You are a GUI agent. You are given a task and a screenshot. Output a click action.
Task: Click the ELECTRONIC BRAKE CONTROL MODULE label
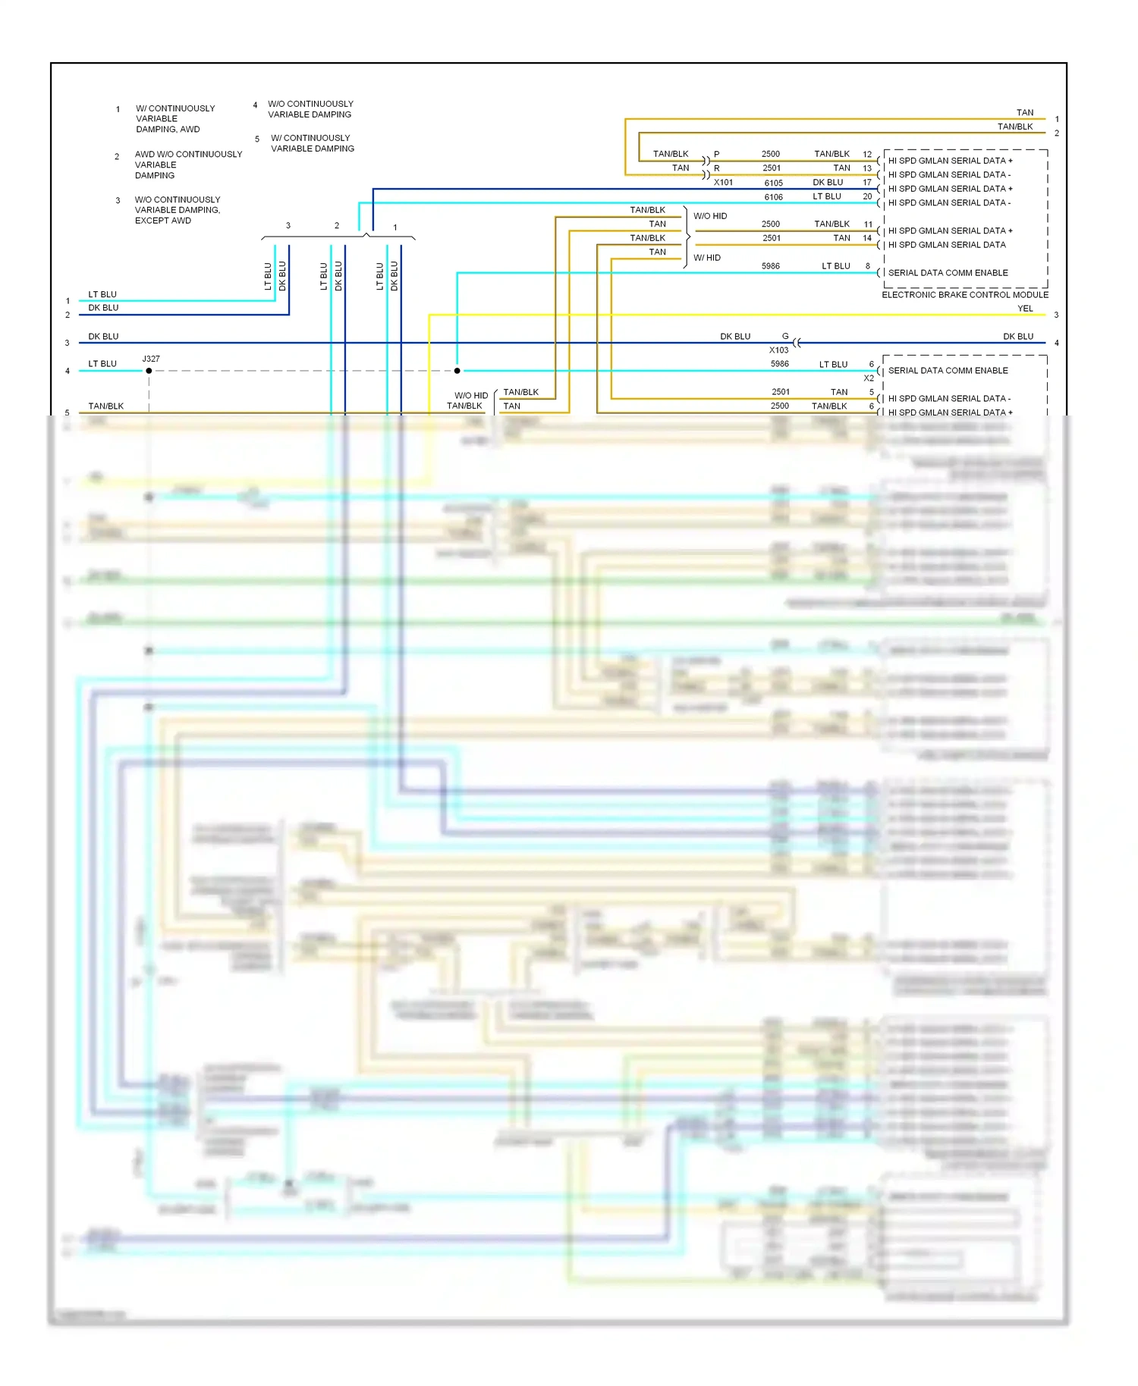pyautogui.click(x=964, y=295)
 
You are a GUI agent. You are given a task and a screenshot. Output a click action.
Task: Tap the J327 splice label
pyautogui.click(x=151, y=359)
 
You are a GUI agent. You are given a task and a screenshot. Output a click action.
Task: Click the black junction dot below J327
pyautogui.click(x=149, y=371)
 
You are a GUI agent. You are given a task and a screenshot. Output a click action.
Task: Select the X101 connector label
pyautogui.click(x=723, y=183)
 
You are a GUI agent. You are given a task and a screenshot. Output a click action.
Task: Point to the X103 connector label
pyautogui.click(x=778, y=350)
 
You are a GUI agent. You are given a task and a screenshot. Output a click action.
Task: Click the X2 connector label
pyautogui.click(x=869, y=378)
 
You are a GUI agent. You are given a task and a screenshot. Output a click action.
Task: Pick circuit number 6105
pyautogui.click(x=773, y=183)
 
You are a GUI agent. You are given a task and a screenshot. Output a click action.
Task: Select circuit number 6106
pyautogui.click(x=773, y=197)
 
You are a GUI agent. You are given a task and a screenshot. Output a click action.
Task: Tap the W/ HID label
pyautogui.click(x=707, y=258)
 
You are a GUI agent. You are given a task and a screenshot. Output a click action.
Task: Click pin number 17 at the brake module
pyautogui.click(x=867, y=183)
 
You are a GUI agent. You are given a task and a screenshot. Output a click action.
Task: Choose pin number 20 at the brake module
pyautogui.click(x=867, y=196)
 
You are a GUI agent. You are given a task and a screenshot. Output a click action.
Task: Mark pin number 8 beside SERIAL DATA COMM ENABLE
pyautogui.click(x=868, y=266)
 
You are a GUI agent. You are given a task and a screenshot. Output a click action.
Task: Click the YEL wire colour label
pyautogui.click(x=1025, y=309)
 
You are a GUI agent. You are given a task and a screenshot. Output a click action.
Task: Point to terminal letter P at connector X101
pyautogui.click(x=717, y=154)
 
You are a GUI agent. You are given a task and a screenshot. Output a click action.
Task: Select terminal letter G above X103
pyautogui.click(x=785, y=336)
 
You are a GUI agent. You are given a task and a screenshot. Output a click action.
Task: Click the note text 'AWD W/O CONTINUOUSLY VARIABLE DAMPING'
pyautogui.click(x=188, y=165)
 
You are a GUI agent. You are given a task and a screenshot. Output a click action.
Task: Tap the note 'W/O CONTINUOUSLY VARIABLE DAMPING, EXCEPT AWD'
pyautogui.click(x=178, y=210)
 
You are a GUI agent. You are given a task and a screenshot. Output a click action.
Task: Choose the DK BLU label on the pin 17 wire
pyautogui.click(x=828, y=183)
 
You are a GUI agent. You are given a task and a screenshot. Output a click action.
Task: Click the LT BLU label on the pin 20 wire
pyautogui.click(x=827, y=196)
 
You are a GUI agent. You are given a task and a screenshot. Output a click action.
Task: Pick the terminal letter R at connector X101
pyautogui.click(x=717, y=168)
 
